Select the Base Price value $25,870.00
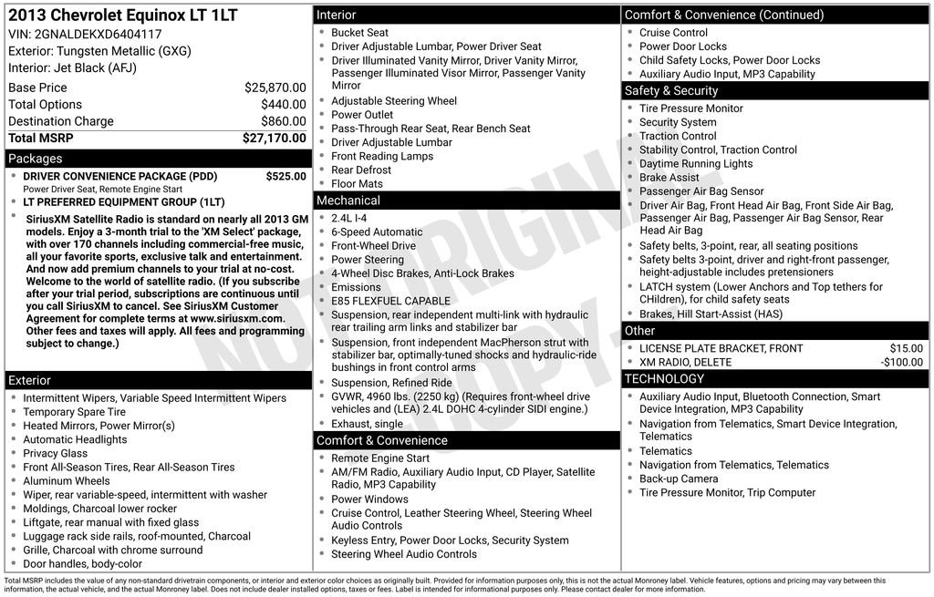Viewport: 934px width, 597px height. pyautogui.click(x=275, y=87)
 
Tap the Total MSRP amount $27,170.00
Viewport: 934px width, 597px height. pyautogui.click(x=274, y=138)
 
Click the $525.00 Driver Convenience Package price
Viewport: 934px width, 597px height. pyautogui.click(x=285, y=176)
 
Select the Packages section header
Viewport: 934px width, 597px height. pyautogui.click(x=36, y=159)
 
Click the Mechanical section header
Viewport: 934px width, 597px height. pyautogui.click(x=348, y=201)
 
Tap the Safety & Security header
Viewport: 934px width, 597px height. pyautogui.click(x=671, y=91)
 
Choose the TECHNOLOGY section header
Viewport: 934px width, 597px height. pyautogui.click(x=664, y=378)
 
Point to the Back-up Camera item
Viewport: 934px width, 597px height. pyautogui.click(x=678, y=479)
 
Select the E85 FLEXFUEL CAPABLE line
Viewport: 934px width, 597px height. pyautogui.click(x=390, y=301)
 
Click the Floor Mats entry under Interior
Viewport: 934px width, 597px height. pyautogui.click(x=357, y=183)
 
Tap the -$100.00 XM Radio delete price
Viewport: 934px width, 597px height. pyautogui.click(x=901, y=362)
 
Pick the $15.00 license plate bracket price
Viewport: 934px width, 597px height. pyautogui.click(x=906, y=348)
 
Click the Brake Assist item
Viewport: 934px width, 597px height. pyautogui.click(x=669, y=178)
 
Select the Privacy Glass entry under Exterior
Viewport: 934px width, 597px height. pyautogui.click(x=55, y=453)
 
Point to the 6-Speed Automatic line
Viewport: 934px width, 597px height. pyautogui.click(x=377, y=232)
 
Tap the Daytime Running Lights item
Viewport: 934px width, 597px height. pyautogui.click(x=696, y=164)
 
